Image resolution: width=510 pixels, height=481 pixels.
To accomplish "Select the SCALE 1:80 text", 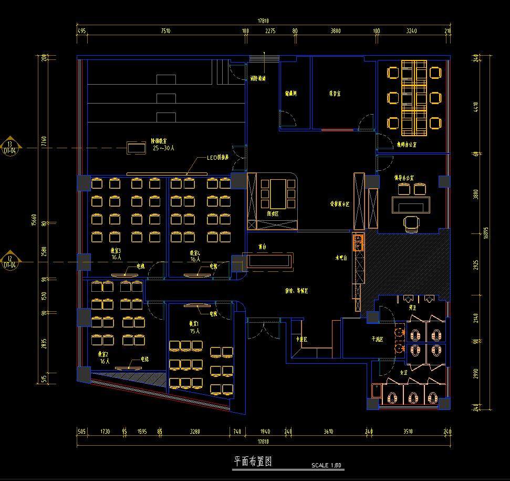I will pyautogui.click(x=326, y=465).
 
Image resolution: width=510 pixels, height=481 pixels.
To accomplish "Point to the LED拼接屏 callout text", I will pyautogui.click(x=217, y=158).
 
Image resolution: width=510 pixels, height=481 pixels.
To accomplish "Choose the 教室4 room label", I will pyautogui.click(x=195, y=253).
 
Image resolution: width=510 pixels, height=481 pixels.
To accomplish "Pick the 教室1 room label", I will pyautogui.click(x=195, y=324).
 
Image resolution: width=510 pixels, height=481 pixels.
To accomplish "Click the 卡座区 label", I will pyautogui.click(x=301, y=340).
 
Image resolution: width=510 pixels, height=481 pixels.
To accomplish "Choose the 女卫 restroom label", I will pyautogui.click(x=404, y=373).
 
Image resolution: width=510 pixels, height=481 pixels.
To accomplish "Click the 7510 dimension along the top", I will pyautogui.click(x=165, y=31).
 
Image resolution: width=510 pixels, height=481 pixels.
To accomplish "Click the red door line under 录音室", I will pyautogui.click(x=337, y=130).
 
